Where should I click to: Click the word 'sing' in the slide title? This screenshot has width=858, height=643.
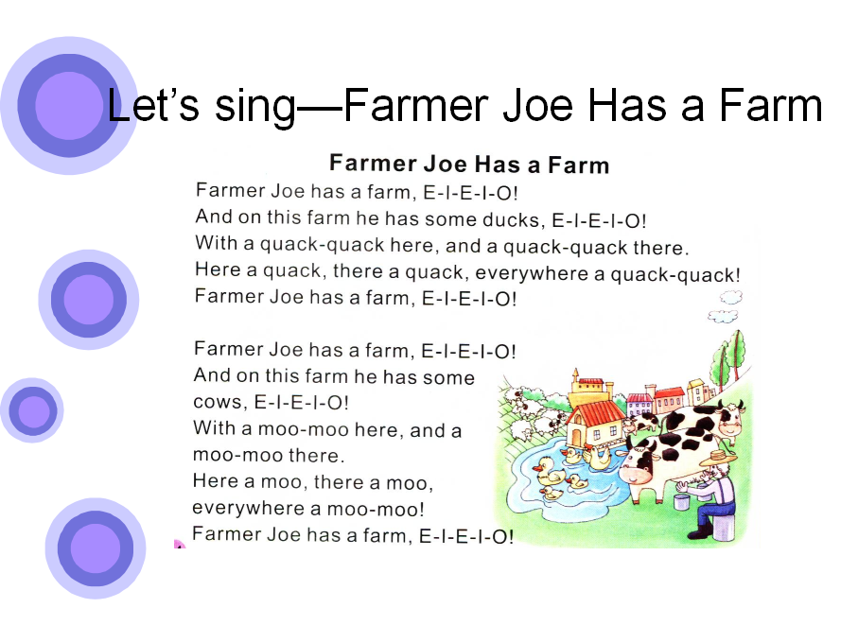(x=255, y=108)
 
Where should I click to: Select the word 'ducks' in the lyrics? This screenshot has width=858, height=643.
(x=514, y=219)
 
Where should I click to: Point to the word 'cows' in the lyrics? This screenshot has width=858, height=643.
(x=218, y=403)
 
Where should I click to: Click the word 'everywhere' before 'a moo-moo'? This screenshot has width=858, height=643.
(x=248, y=509)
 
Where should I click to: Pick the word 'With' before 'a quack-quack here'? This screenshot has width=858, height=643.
(x=217, y=242)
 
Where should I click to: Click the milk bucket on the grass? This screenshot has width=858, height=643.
(x=681, y=501)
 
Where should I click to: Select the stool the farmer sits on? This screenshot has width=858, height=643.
(x=724, y=527)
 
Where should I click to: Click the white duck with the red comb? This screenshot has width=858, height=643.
(x=597, y=455)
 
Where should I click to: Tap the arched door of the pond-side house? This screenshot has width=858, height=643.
(x=576, y=439)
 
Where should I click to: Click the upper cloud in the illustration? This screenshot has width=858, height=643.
(x=731, y=297)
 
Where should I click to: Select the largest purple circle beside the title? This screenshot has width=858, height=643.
(x=69, y=106)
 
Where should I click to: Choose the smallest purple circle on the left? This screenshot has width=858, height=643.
(x=32, y=410)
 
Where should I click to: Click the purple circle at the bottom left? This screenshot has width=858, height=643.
(x=96, y=548)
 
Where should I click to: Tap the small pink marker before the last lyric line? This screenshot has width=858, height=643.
(x=179, y=544)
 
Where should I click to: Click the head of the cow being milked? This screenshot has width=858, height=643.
(x=638, y=463)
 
